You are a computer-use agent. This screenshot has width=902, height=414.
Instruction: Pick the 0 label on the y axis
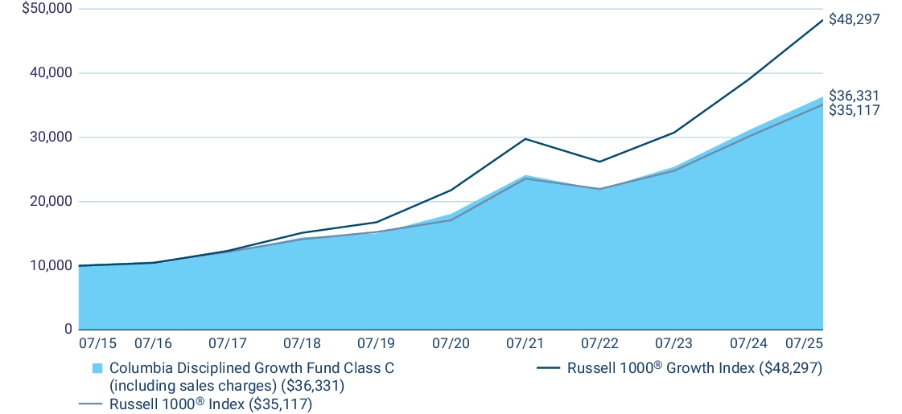click(68, 330)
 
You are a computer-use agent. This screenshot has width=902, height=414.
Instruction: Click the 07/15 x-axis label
click(97, 343)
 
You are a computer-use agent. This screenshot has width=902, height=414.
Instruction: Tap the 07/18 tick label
click(302, 343)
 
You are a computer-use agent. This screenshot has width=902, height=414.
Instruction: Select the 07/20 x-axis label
click(451, 343)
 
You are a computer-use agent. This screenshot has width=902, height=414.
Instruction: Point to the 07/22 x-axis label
click(599, 343)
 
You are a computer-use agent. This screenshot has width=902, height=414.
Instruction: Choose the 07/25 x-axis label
click(804, 343)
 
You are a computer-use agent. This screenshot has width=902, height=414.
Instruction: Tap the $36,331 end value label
click(854, 96)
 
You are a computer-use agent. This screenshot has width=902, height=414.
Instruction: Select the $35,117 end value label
click(854, 109)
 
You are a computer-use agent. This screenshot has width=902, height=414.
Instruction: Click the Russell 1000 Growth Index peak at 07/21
click(525, 139)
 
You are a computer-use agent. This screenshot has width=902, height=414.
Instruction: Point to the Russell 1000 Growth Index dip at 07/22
click(599, 162)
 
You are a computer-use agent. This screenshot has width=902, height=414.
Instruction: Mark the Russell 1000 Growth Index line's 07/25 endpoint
click(822, 19)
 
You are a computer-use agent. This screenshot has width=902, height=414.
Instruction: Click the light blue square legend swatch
click(97, 368)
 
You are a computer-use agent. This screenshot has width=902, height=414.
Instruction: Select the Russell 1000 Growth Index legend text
click(694, 368)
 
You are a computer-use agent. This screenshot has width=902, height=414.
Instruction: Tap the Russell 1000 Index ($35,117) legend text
click(210, 404)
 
